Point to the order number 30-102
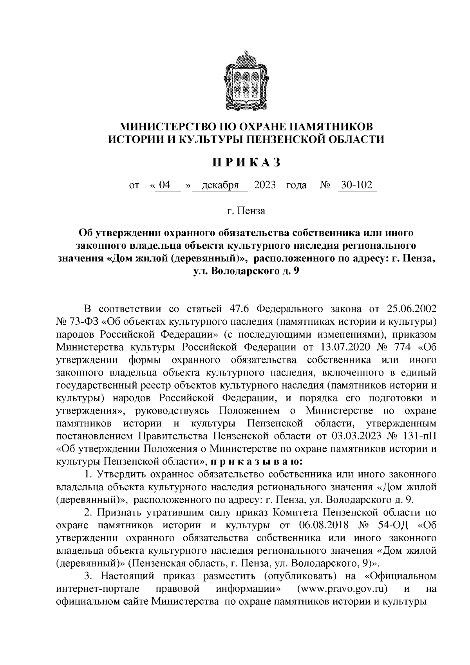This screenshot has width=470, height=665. pyautogui.click(x=356, y=185)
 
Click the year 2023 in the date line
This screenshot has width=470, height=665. pyautogui.click(x=265, y=185)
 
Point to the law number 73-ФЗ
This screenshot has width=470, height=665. pyautogui.click(x=83, y=322)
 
